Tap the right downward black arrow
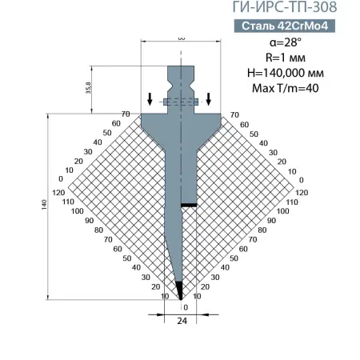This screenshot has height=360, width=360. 209,99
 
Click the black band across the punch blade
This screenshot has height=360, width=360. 189,206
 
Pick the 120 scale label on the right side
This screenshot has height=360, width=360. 302,193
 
